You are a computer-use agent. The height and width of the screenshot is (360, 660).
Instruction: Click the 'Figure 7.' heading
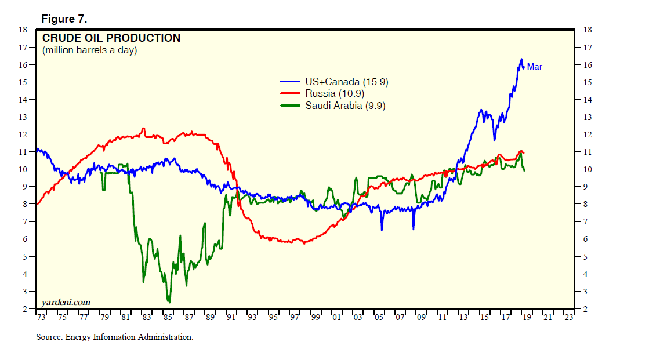[64, 19]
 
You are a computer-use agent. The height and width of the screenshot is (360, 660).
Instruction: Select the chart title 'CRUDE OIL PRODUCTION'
[111, 38]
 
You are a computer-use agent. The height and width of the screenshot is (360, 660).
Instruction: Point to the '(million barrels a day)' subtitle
[89, 50]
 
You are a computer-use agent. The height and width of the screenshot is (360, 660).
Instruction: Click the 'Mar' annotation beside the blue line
[534, 67]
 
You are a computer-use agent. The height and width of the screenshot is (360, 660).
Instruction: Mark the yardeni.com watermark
[66, 301]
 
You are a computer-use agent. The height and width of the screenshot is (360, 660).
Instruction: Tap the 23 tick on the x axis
[569, 317]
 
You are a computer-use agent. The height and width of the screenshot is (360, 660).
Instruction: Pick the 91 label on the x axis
[231, 317]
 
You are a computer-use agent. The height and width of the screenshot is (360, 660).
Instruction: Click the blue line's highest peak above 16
[521, 59]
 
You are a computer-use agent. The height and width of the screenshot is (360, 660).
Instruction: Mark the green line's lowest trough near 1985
[169, 301]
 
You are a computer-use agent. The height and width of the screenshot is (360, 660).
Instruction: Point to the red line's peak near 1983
[143, 129]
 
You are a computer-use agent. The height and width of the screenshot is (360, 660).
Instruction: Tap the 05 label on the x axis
[379, 317]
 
